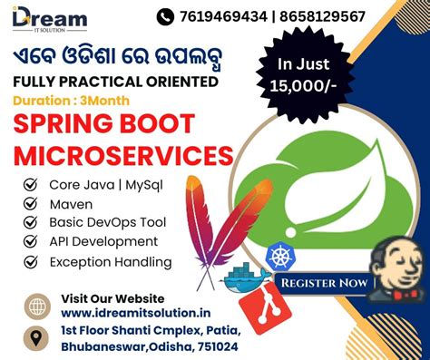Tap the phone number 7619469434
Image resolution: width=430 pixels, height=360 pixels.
coord(222,16)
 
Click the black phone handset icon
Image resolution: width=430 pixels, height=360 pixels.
coord(165,16)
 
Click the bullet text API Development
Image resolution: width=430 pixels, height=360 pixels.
coord(103,242)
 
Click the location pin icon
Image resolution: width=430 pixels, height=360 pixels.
coord(37,337)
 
